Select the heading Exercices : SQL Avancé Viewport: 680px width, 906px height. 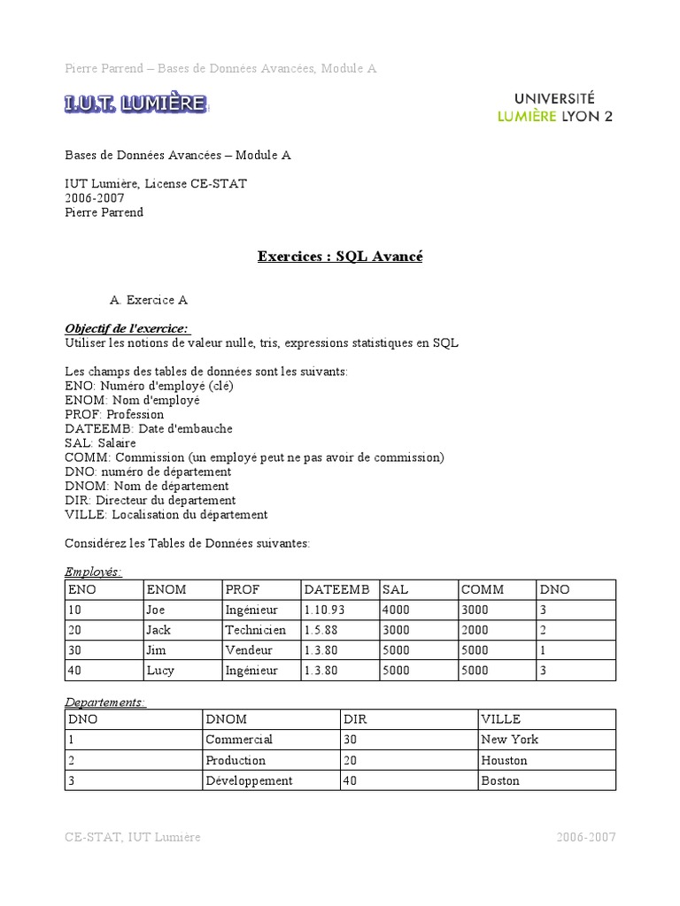[340, 257]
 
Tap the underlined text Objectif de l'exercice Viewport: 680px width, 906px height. [127, 328]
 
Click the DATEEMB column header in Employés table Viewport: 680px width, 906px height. [336, 589]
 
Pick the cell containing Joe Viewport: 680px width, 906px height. [156, 610]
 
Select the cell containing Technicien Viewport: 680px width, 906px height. [256, 630]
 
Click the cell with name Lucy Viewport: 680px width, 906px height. [160, 671]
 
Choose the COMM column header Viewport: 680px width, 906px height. [483, 589]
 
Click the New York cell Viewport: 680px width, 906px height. [509, 739]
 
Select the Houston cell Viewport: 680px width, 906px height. [504, 760]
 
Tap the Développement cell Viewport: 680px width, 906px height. [249, 780]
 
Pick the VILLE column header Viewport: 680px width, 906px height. [501, 719]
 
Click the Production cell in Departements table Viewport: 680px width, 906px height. [236, 760]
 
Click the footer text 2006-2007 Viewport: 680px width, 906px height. [586, 837]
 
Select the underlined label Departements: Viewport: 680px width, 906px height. [105, 702]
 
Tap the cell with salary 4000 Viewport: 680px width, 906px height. [396, 610]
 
